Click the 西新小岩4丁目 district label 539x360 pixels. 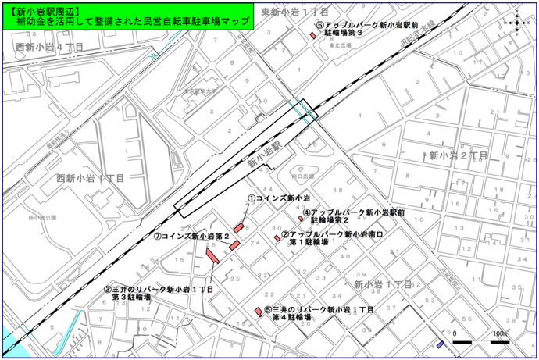click(48, 48)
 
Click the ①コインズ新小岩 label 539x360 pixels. click(279, 199)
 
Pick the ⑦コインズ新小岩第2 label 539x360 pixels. click(191, 236)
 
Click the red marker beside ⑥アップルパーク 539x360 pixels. click(312, 34)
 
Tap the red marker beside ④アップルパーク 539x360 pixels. click(300, 219)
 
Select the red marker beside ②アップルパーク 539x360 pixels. click(277, 238)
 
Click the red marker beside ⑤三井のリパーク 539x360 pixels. click(258, 312)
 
